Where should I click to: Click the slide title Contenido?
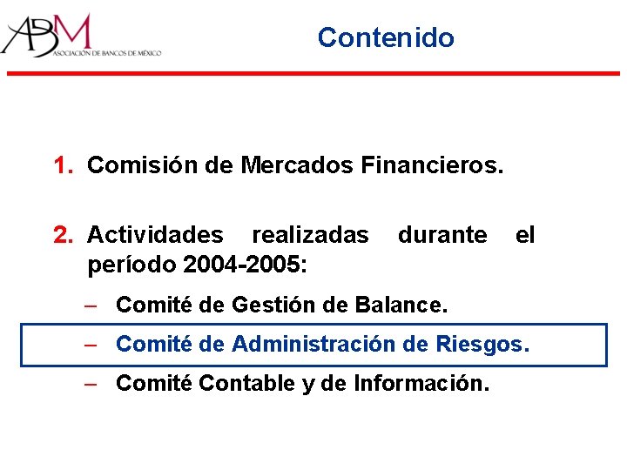click(x=386, y=37)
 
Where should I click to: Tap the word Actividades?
click(x=155, y=235)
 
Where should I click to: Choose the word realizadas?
click(x=310, y=235)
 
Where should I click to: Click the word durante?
click(x=442, y=235)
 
